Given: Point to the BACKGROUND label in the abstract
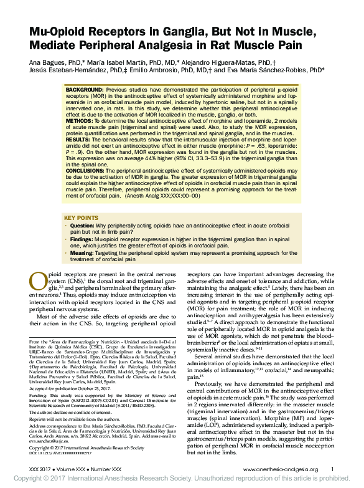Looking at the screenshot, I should tap(85, 90).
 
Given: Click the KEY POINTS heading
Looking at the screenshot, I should tap(81, 218).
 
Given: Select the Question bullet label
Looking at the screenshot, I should tap(82, 225).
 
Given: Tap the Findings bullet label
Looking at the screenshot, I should tap(82, 238).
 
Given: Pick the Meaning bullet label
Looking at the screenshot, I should tap(82, 253).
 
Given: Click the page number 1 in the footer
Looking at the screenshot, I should tap(332, 469).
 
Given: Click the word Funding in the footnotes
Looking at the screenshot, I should tap(39, 395).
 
